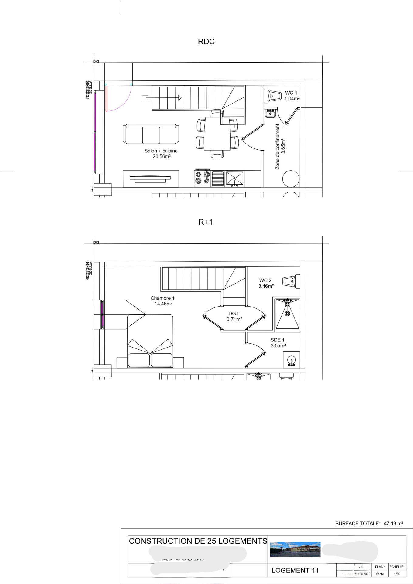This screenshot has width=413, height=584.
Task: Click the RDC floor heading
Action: [206, 42]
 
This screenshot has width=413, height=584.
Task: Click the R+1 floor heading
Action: [206, 222]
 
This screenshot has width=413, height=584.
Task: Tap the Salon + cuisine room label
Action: [161, 151]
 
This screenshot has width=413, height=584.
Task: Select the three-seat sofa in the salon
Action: [151, 134]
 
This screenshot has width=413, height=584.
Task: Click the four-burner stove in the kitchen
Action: [203, 178]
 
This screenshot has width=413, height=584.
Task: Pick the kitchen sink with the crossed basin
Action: [234, 178]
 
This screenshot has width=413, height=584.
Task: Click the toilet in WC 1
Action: [274, 96]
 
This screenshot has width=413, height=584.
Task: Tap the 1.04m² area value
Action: [292, 99]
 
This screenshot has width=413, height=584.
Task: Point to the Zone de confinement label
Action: [278, 146]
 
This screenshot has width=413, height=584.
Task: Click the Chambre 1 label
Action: [162, 298]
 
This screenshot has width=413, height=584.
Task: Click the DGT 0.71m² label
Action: [234, 316]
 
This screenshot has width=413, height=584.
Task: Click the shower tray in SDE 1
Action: [287, 314]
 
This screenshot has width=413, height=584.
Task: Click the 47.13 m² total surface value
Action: [393, 524]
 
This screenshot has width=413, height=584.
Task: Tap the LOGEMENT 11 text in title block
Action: [295, 570]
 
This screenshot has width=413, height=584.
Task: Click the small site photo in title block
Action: [295, 549]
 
